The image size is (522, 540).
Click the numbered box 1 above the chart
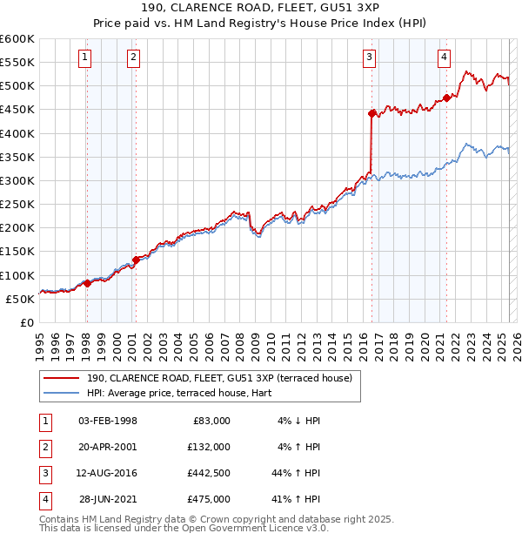tap(85, 57)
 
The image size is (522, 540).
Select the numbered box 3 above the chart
tap(370, 57)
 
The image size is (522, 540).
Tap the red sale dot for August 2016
tap(371, 112)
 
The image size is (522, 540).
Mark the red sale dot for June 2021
tap(446, 98)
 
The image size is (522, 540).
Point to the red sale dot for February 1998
tap(87, 283)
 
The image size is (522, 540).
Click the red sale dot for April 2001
tap(136, 260)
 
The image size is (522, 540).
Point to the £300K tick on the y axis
tap(17, 180)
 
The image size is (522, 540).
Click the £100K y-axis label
tap(17, 274)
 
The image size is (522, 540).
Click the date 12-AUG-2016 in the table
tap(108, 473)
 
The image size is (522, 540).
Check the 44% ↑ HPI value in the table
tap(297, 473)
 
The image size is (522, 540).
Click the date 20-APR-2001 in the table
tap(108, 447)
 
